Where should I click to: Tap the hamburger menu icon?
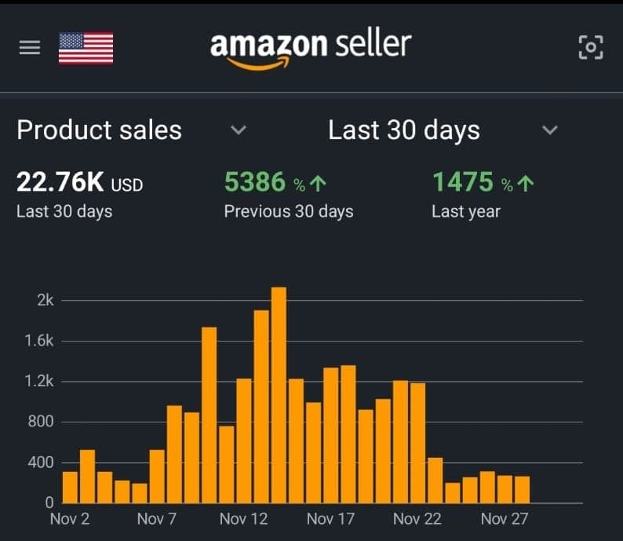pos(29,48)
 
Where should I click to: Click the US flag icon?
pos(86,48)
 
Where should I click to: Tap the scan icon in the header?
pos(591,48)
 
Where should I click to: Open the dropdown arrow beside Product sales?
pos(239,130)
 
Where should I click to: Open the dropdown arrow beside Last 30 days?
pos(550,130)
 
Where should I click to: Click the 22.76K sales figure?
pos(60,184)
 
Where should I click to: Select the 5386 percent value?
pos(255,183)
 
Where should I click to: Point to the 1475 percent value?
pos(463,183)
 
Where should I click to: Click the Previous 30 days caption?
pos(288,212)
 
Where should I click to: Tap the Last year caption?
pos(465,212)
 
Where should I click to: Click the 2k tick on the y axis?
pos(45,301)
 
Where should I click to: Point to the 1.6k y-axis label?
pos(39,342)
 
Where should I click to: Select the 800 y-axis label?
pos(41,422)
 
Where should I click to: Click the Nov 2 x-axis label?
pos(69,519)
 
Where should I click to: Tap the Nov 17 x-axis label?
pos(330,519)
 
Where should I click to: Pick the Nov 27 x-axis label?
pos(505,519)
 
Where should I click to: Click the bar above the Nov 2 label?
pos(70,487)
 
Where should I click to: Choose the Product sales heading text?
pos(99,130)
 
